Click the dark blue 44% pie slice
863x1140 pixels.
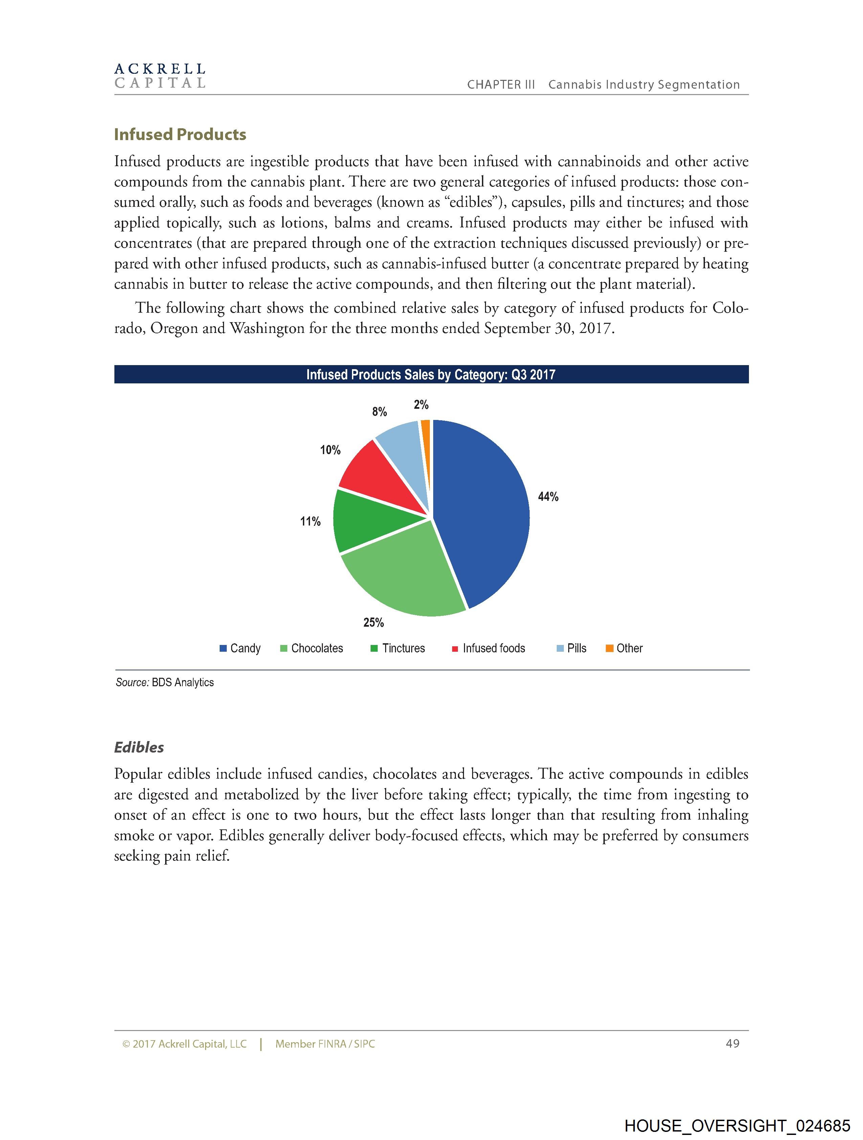click(482, 510)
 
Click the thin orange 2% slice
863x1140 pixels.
click(426, 438)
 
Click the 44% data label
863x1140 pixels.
click(548, 496)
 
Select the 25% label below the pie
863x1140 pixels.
click(373, 623)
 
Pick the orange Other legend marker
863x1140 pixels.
click(609, 648)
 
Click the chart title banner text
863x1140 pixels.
click(430, 375)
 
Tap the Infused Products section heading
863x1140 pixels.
click(180, 135)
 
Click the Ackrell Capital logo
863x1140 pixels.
click(160, 76)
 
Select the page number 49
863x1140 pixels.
click(732, 1044)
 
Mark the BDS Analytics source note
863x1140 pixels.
click(165, 683)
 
